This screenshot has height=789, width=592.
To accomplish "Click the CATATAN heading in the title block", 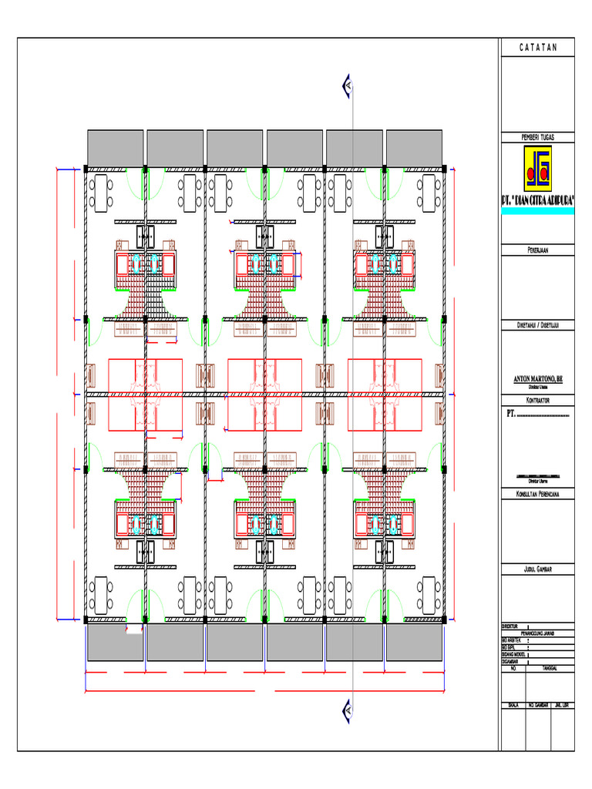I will pyautogui.click(x=537, y=48).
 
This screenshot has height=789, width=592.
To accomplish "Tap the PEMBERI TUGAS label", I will pyautogui.click(x=537, y=137).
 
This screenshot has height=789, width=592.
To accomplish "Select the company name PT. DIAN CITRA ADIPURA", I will pyautogui.click(x=537, y=200).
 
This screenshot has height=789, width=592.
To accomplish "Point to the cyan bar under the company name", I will pyautogui.click(x=537, y=210).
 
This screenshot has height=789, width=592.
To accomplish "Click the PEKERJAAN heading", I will pyautogui.click(x=537, y=250).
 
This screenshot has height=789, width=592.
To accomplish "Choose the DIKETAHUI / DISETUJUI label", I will pyautogui.click(x=537, y=325).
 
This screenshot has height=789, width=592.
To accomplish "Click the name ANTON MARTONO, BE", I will pyautogui.click(x=537, y=379).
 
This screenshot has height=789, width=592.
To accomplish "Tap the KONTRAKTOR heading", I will pyautogui.click(x=537, y=401).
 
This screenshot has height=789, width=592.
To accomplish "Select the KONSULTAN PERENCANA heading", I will pyautogui.click(x=537, y=493).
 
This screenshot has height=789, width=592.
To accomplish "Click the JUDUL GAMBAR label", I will pyautogui.click(x=537, y=570).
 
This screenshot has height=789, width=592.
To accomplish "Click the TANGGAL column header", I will pyautogui.click(x=549, y=669).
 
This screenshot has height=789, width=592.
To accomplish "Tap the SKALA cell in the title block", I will pyautogui.click(x=511, y=705).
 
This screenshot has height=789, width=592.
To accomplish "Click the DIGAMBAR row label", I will pyautogui.click(x=510, y=662).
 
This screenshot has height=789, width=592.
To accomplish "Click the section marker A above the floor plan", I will pyautogui.click(x=348, y=87).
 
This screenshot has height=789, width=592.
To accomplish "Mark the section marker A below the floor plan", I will pyautogui.click(x=348, y=708).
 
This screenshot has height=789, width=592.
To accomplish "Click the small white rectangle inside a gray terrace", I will pyautogui.click(x=134, y=630).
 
